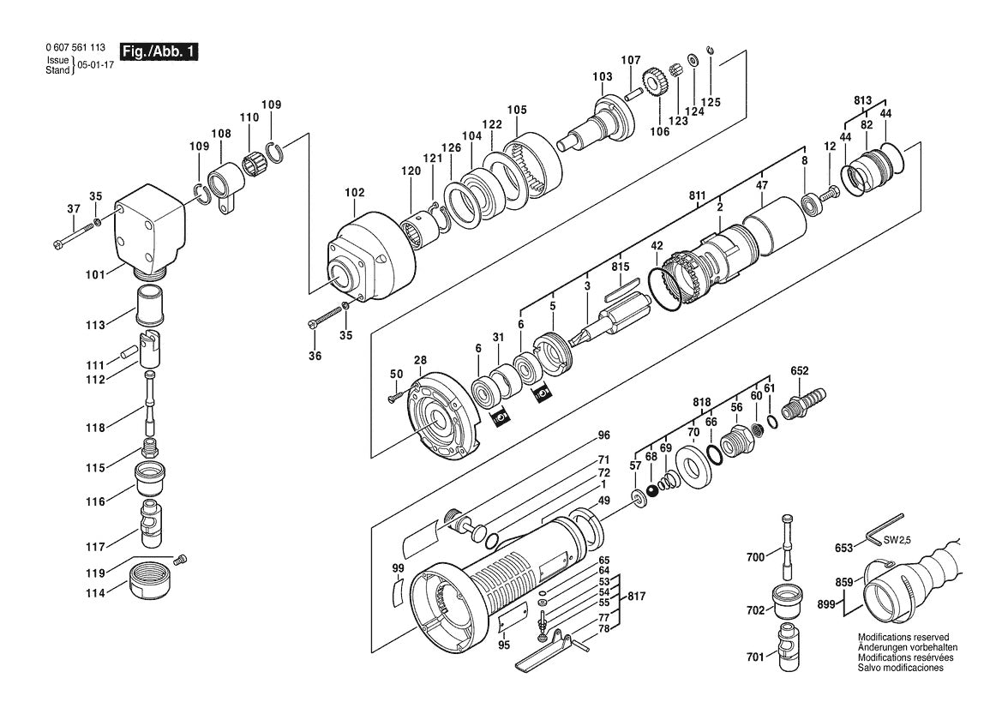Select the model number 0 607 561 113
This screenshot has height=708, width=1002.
77,49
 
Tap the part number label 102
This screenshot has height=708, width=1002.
354,192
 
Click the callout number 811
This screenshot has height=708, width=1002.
697,196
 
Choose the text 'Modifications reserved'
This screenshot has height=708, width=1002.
903,638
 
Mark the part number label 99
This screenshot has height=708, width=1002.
398,569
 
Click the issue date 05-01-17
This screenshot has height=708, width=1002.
96,65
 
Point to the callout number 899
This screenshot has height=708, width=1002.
826,603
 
